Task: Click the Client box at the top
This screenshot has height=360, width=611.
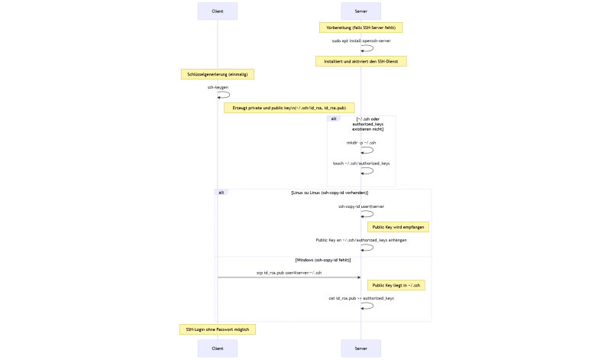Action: (x=218, y=11)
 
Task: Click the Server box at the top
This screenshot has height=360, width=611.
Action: (x=361, y=11)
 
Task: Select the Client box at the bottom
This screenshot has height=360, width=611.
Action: (x=218, y=349)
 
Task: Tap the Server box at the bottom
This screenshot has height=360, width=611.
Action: (x=361, y=349)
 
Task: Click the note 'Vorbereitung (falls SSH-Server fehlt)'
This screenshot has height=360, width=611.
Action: (x=361, y=28)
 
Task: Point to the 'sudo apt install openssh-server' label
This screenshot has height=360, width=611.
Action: (x=361, y=41)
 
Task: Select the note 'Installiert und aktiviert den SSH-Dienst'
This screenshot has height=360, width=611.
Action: (x=361, y=61)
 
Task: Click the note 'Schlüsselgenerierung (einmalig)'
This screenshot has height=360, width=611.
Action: (x=218, y=74)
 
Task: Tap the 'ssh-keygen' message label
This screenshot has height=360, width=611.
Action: (x=218, y=87)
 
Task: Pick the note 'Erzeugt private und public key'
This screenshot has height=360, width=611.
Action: (x=289, y=108)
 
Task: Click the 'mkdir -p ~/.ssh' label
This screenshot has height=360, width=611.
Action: (x=361, y=143)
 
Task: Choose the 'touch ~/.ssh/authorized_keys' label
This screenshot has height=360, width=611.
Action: (x=361, y=163)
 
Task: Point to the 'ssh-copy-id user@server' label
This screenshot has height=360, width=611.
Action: (x=361, y=206)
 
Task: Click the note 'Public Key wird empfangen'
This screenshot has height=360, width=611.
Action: (x=398, y=227)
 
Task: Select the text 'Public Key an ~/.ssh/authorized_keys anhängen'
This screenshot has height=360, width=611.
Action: (x=361, y=240)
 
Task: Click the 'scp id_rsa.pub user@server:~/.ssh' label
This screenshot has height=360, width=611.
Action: (x=289, y=272)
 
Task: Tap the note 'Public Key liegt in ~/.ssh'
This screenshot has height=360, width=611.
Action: (x=397, y=285)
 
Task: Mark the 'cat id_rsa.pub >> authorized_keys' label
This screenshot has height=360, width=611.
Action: (x=361, y=298)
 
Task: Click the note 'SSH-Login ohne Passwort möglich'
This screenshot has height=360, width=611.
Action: (x=218, y=329)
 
